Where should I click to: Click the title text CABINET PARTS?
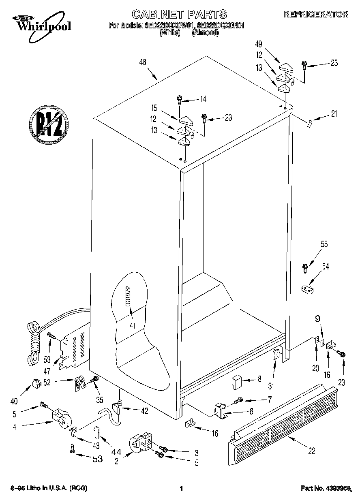[x=180, y=14]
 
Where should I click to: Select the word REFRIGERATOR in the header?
[x=315, y=14]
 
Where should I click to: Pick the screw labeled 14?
[x=179, y=99]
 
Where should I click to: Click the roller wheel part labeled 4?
[x=61, y=417]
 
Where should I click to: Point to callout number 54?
[x=325, y=266]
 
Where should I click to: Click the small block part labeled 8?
[x=236, y=381]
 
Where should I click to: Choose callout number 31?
[x=271, y=386]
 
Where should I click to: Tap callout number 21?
[x=334, y=114]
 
